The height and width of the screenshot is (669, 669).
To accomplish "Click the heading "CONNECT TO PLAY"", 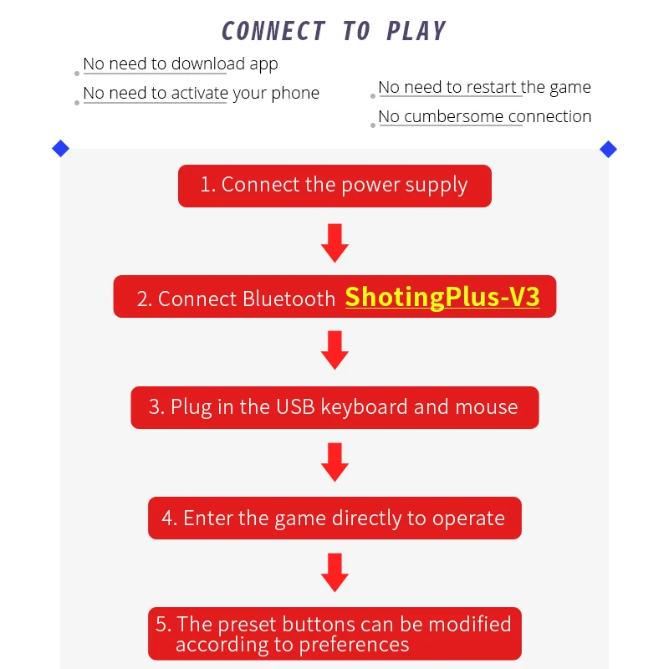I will (x=334, y=31).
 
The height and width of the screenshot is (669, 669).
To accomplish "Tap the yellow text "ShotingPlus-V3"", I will (x=442, y=297).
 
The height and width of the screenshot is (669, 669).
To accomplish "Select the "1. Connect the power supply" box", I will (x=334, y=186).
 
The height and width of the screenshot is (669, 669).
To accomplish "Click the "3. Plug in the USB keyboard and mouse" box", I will (x=334, y=407).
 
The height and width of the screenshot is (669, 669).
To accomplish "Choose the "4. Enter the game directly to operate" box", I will (x=334, y=518).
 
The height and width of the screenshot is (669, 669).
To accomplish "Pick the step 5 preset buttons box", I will (x=334, y=633).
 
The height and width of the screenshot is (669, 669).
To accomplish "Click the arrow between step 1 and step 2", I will (x=334, y=242).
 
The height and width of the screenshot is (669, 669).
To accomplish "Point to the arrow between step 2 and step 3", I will (x=334, y=350).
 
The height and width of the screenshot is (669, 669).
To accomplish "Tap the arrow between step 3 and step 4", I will (x=334, y=462).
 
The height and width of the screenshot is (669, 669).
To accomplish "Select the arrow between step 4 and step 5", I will (x=334, y=572).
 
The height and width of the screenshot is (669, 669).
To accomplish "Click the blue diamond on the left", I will (x=60, y=149).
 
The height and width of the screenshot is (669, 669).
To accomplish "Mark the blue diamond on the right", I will (x=608, y=149).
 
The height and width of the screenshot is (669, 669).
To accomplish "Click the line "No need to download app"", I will (x=181, y=64).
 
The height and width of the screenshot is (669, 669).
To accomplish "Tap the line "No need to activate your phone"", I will (x=201, y=93).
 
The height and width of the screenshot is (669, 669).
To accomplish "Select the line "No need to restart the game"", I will (x=484, y=87).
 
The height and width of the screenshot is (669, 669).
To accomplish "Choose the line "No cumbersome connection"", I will (x=484, y=116).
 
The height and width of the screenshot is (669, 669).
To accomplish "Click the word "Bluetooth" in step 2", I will (x=289, y=299).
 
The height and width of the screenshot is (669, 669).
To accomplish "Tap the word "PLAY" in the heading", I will (x=416, y=31).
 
